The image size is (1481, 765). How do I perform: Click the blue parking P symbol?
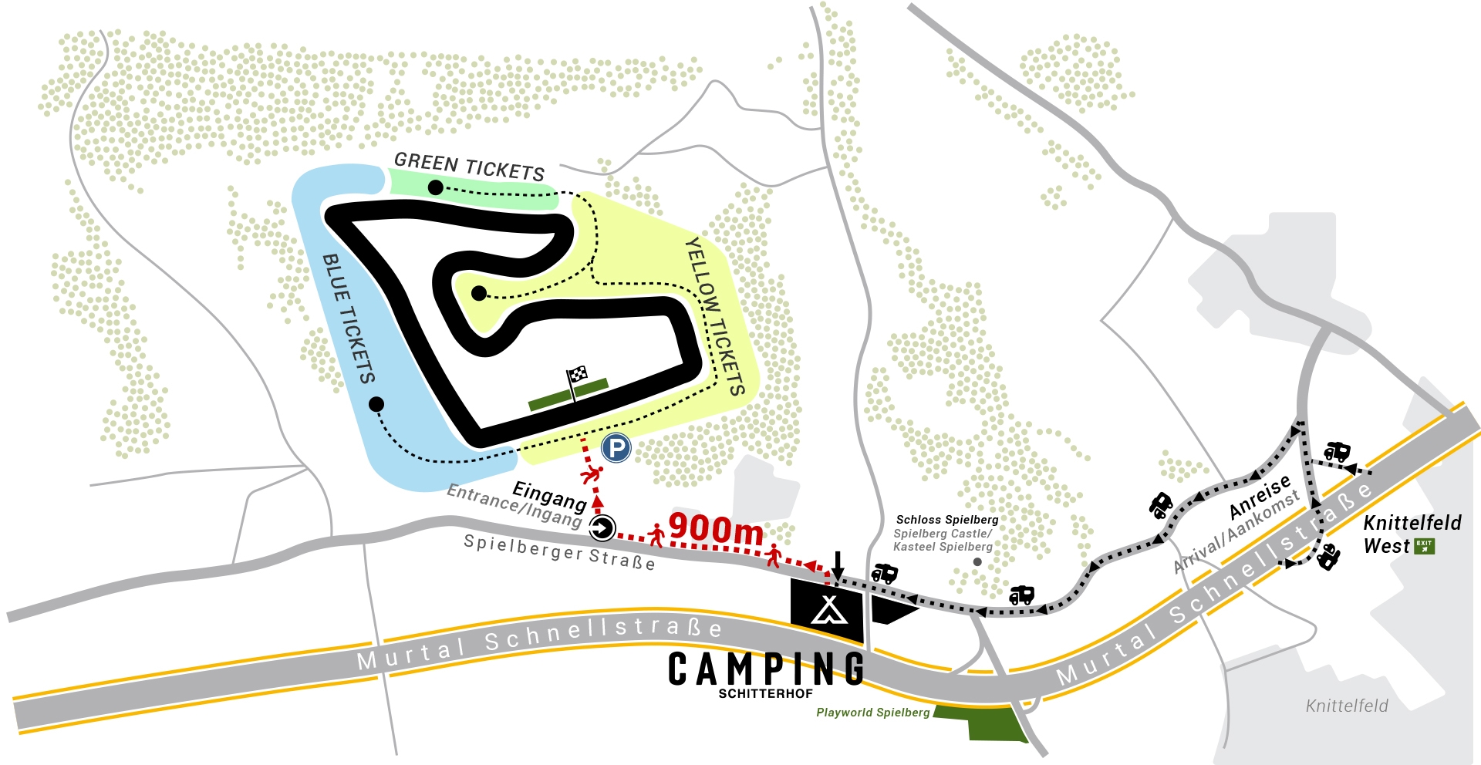[616, 448]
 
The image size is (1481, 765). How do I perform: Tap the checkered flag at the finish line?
[578, 376]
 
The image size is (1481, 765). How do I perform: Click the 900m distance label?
[716, 529]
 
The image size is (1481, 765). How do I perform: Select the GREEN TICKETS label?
[469, 166]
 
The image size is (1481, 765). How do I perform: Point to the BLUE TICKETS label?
[349, 318]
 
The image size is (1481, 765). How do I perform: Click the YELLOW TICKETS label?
[715, 316]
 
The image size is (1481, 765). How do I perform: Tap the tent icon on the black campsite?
[829, 610]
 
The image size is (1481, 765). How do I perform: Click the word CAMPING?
[766, 669]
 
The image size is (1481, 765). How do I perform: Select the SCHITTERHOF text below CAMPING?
[766, 693]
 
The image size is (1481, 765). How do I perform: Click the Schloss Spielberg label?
[947, 520]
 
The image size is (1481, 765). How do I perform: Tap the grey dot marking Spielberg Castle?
[977, 562]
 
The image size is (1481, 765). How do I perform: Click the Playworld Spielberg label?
[873, 713]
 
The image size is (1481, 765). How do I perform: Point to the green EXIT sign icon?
[1424, 546]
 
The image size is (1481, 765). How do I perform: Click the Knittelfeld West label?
[1412, 534]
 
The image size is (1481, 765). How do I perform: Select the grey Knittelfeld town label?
[1347, 706]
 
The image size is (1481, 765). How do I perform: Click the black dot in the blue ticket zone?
[376, 404]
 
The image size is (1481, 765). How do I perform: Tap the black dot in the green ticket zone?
[435, 187]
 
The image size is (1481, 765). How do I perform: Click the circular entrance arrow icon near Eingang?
[602, 528]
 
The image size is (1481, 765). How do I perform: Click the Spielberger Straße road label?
[559, 552]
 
